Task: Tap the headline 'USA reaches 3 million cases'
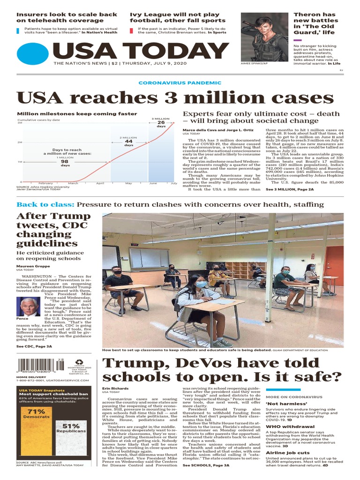coord(175,98)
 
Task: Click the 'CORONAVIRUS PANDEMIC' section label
coord(180,82)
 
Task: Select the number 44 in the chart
coord(128,141)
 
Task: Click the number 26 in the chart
coord(161,123)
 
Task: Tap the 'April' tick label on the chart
coord(100,183)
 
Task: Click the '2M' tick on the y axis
coord(20,142)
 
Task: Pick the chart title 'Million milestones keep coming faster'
coord(77,113)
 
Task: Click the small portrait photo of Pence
coord(30,307)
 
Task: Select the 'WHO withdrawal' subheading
coord(290,427)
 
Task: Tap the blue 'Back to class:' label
coord(45,204)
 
